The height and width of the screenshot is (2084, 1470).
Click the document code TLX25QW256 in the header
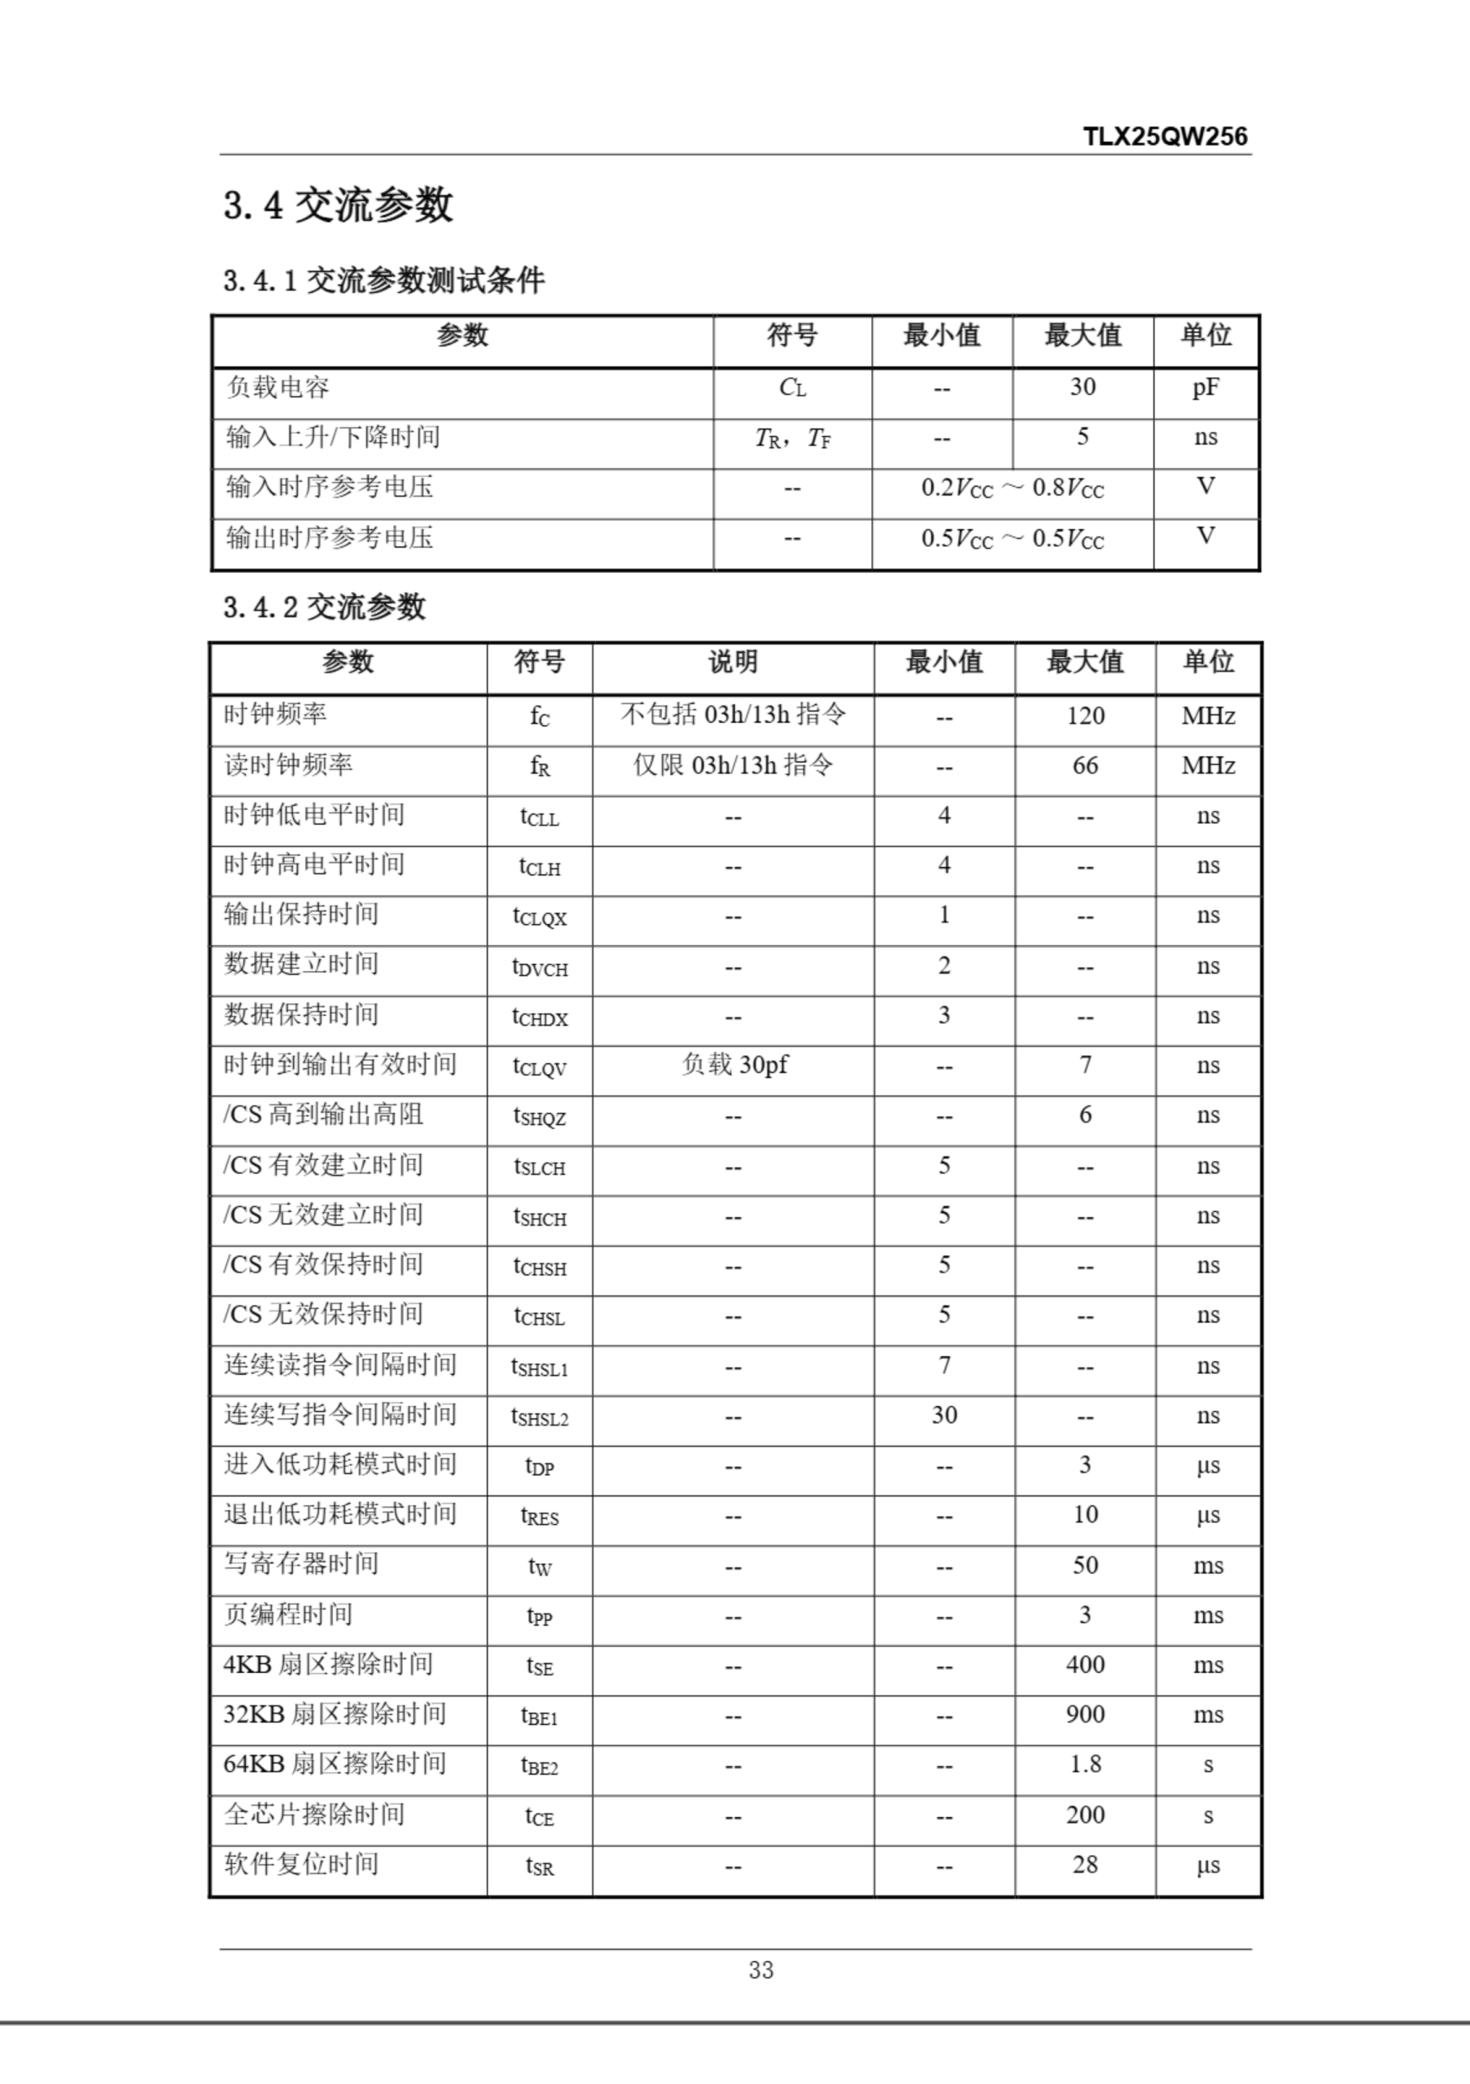click(1164, 137)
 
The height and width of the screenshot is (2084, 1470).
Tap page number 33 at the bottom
click(760, 1970)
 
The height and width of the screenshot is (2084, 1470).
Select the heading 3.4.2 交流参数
click(324, 607)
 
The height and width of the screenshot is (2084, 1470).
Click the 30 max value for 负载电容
click(1082, 387)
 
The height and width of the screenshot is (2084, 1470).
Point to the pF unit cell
click(1205, 388)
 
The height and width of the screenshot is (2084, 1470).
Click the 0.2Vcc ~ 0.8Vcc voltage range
click(1012, 488)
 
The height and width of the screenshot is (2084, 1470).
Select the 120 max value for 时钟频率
click(1085, 716)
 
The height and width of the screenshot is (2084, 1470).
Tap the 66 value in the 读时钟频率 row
click(1085, 766)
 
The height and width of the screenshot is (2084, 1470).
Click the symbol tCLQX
click(539, 917)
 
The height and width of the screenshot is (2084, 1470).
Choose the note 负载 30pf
click(734, 1065)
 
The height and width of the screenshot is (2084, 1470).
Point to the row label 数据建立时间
click(301, 965)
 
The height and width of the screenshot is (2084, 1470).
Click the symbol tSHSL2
click(539, 1416)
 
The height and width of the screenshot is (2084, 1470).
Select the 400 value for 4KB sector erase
click(1085, 1665)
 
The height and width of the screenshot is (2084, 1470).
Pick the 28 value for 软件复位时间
click(1085, 1864)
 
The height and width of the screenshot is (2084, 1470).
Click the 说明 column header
click(733, 663)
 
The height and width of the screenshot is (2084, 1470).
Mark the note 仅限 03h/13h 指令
click(733, 766)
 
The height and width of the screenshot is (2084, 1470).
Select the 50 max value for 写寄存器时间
click(1085, 1565)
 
